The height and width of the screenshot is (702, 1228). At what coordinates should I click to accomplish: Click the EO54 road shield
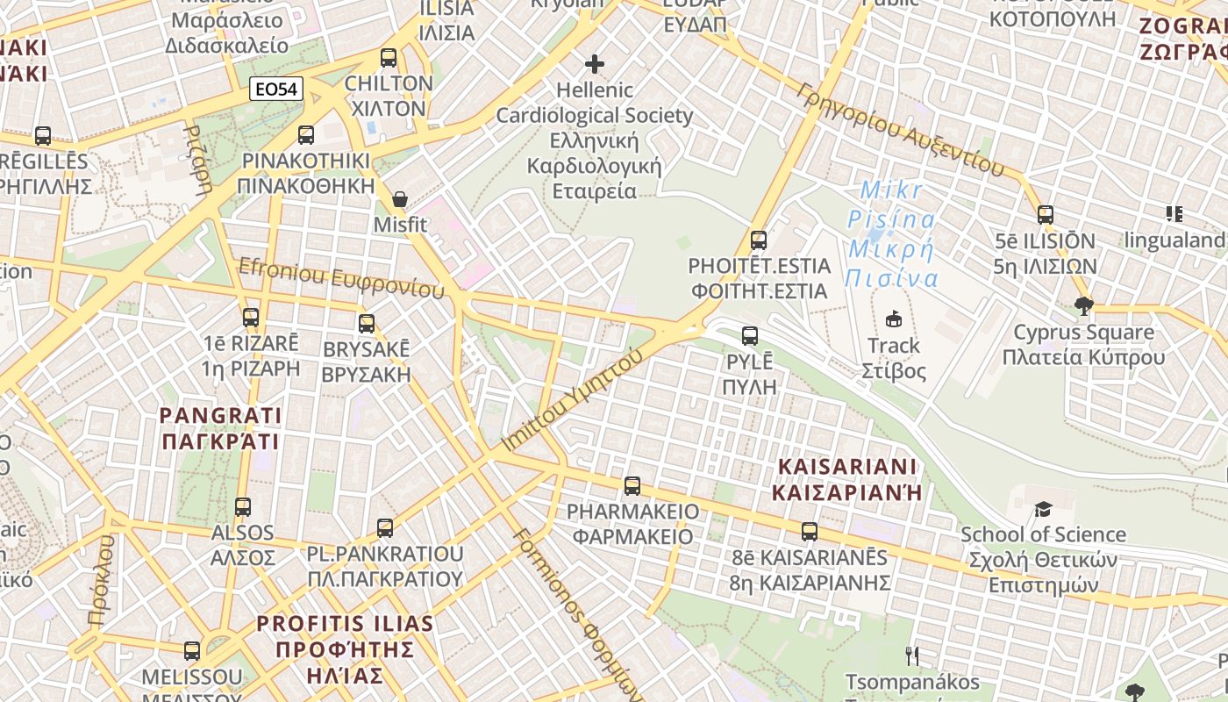tap(276, 89)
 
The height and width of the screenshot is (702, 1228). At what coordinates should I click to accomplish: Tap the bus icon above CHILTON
tap(389, 59)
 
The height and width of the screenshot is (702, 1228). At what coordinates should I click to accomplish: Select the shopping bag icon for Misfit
tap(400, 200)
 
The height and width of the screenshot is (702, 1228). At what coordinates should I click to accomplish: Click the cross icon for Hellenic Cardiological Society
tap(595, 64)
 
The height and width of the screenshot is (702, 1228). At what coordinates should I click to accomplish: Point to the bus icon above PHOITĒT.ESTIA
tap(759, 240)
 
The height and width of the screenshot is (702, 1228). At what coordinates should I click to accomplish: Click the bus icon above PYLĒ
tap(750, 336)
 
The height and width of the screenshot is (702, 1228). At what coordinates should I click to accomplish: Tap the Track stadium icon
tap(893, 319)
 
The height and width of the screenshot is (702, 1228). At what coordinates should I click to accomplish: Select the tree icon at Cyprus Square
tap(1084, 306)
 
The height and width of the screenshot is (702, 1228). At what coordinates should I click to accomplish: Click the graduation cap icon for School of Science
tap(1042, 509)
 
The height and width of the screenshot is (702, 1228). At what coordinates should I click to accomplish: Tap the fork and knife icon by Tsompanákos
tap(912, 655)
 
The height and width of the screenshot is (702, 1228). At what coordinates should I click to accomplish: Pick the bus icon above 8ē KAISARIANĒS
tap(810, 532)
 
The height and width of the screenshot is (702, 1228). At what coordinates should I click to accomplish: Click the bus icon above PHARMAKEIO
tap(632, 486)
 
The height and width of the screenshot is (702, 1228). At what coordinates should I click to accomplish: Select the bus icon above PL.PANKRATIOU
tap(385, 528)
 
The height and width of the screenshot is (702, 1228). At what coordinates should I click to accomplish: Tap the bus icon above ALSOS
tap(243, 507)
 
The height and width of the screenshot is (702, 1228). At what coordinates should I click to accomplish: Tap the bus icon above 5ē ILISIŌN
tap(1045, 215)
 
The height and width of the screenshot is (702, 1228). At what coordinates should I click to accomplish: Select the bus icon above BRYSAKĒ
tap(367, 324)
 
